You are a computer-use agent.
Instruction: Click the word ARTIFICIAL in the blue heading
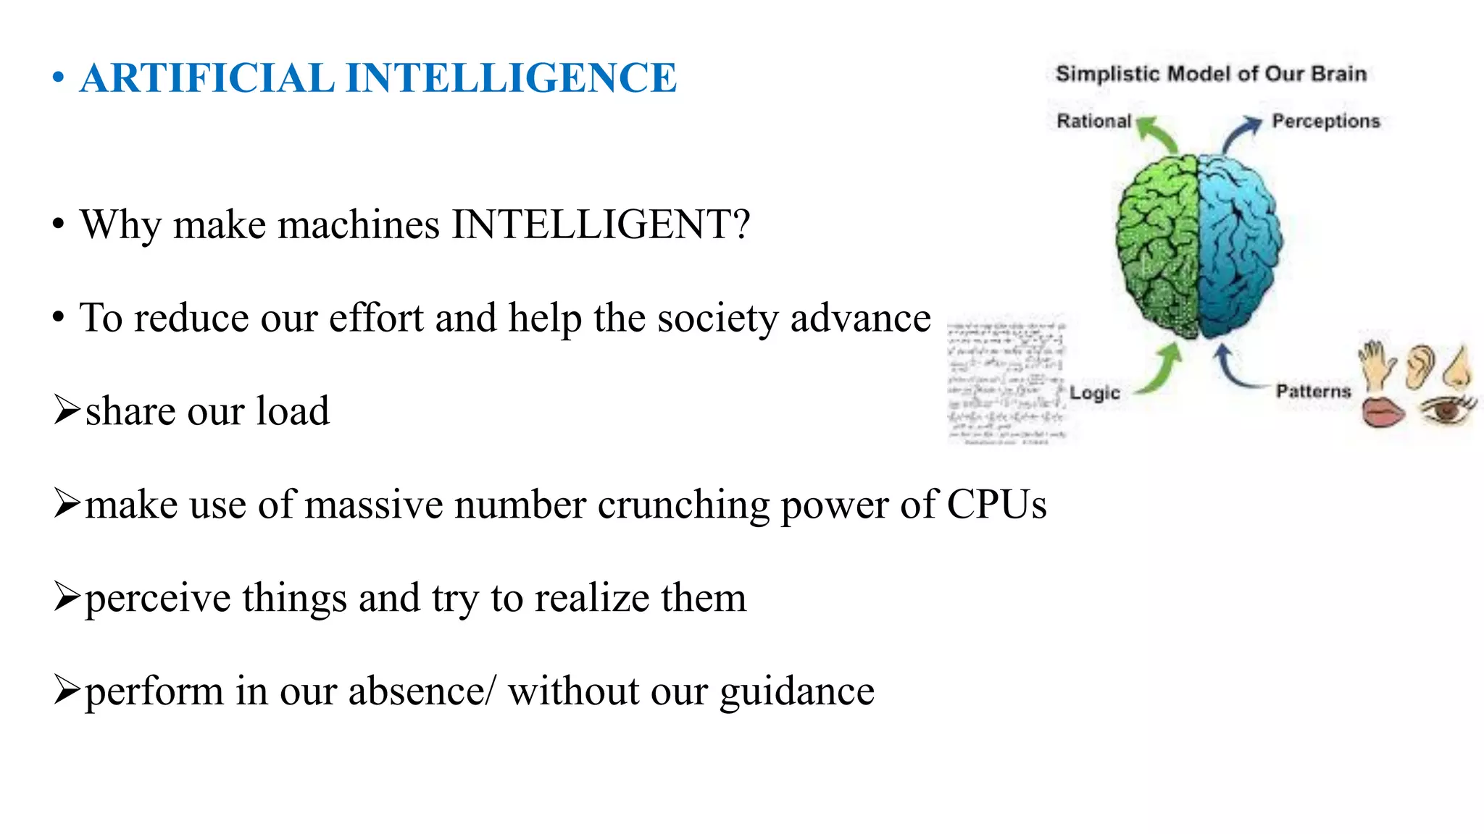207,78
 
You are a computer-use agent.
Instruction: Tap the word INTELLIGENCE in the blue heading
512,78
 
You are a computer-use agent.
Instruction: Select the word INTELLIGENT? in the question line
601,224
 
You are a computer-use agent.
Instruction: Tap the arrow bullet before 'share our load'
67,410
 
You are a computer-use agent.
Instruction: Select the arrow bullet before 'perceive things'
67,597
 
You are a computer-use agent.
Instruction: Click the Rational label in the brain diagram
1093,121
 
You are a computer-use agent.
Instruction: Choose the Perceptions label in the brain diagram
1326,121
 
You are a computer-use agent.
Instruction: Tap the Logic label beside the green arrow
1095,393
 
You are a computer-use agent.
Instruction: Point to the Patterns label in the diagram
1313,392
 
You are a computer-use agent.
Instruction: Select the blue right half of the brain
1239,246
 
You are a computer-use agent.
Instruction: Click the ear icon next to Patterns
1420,366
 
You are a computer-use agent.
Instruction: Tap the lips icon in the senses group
1383,413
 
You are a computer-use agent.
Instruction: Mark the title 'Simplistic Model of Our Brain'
1211,74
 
